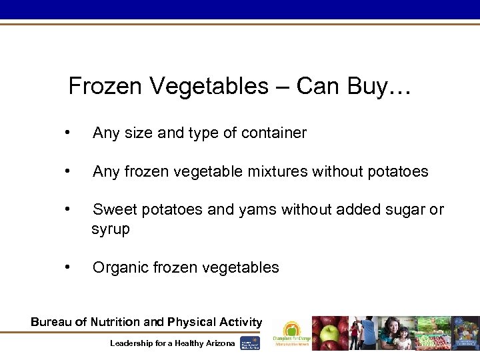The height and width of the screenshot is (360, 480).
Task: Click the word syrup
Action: pos(111,229)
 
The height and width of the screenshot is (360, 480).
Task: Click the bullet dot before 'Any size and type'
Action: pos(68,133)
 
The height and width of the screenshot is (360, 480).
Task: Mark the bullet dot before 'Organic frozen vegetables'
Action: pos(68,267)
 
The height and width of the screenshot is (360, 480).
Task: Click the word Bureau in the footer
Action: pos(51,322)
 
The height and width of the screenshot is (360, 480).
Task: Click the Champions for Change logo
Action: pos(291,333)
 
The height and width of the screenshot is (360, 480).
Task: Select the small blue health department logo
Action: pos(250,343)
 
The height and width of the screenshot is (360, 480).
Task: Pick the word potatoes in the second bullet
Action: pos(397,172)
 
